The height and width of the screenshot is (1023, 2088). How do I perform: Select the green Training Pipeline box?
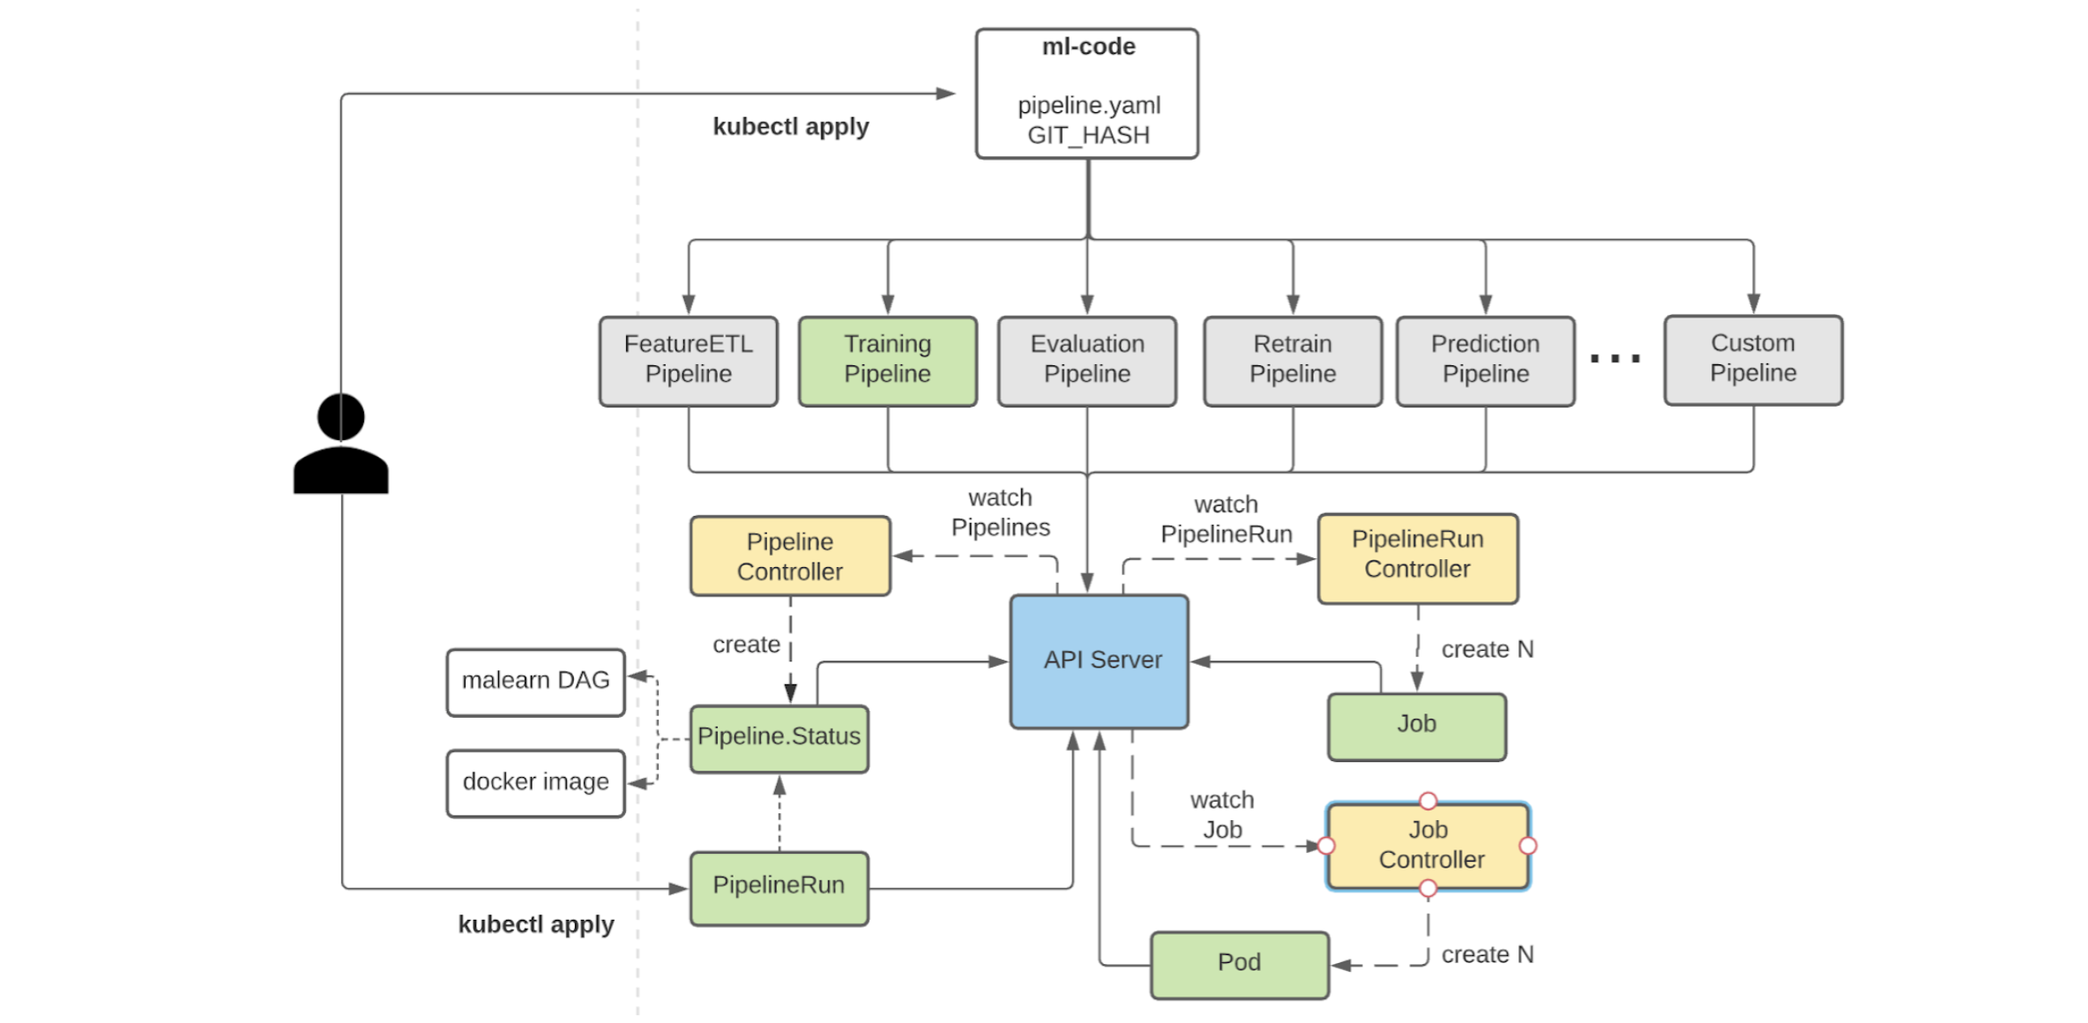click(887, 361)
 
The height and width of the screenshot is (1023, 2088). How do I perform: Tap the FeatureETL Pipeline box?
click(688, 361)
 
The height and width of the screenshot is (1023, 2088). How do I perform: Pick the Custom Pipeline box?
click(1752, 360)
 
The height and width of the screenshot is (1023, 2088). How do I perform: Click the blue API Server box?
click(1099, 661)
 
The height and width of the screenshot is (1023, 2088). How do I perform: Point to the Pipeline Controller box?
click(789, 556)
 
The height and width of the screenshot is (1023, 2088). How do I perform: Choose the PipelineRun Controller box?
click(1417, 558)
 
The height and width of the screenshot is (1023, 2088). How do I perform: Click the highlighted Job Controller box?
click(1428, 846)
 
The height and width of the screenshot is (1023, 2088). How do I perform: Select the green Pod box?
click(1239, 964)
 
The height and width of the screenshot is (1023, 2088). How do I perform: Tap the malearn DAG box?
click(535, 682)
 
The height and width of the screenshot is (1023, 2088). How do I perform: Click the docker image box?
click(535, 782)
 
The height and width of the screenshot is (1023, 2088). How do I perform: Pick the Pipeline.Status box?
click(779, 738)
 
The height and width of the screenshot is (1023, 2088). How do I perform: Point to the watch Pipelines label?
click(1000, 512)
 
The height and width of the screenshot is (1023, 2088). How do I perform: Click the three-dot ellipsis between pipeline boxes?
click(1614, 359)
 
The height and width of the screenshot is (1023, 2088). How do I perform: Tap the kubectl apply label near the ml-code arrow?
click(790, 127)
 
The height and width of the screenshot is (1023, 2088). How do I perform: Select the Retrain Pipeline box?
click(1292, 361)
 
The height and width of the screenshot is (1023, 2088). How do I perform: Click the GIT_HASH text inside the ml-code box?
click(1088, 136)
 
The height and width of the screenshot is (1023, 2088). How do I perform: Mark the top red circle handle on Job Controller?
click(1428, 801)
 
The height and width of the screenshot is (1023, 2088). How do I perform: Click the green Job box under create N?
click(1416, 726)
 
